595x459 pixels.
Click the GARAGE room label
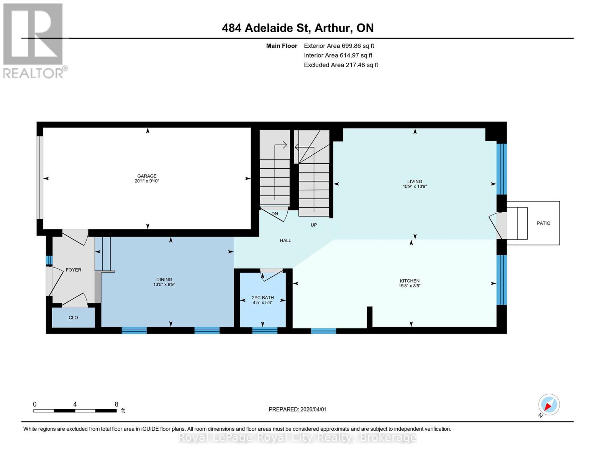coord(147,176)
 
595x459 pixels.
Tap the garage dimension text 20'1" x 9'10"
coord(147,181)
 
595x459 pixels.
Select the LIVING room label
coord(415,182)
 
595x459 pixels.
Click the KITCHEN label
coord(410,281)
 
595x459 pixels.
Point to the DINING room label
coord(164,279)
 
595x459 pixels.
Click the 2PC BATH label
coord(263,298)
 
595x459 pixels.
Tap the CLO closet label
coord(73,317)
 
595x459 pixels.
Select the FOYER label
coord(73,270)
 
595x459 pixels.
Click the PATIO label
coord(543,223)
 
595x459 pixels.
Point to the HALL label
coord(285,240)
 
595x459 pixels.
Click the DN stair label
coord(275,214)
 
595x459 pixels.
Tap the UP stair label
coord(314,225)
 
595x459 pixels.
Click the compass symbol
coord(549,405)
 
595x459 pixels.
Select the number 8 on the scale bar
coord(116,404)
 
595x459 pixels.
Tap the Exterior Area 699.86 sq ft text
coord(339,46)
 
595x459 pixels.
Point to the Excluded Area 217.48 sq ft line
coord(341,65)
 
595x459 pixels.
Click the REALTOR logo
coord(34,40)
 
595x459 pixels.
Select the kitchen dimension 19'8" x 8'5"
coord(410,286)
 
